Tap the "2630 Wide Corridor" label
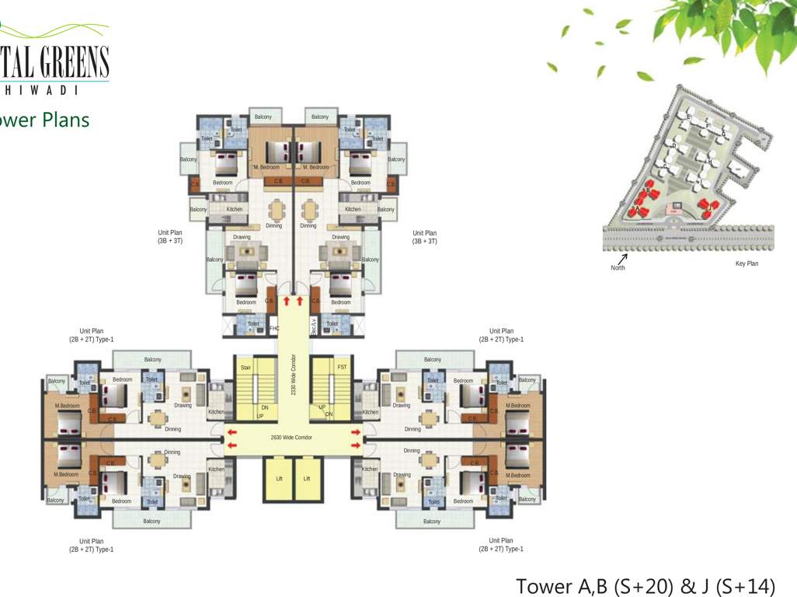coord(292,438)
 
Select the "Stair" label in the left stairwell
coord(245,367)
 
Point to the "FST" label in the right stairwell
coord(342,367)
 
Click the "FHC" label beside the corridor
coord(273,329)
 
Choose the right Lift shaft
coord(307,479)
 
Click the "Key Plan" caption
coord(747,264)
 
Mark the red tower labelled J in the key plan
coord(707,207)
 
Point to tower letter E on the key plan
coord(688,117)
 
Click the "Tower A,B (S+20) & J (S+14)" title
coord(646,585)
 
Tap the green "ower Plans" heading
coord(44,120)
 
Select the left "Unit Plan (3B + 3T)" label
coord(169,237)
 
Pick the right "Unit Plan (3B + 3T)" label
coord(424,237)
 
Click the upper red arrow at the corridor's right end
coord(356,431)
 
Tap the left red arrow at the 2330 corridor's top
coord(287,299)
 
